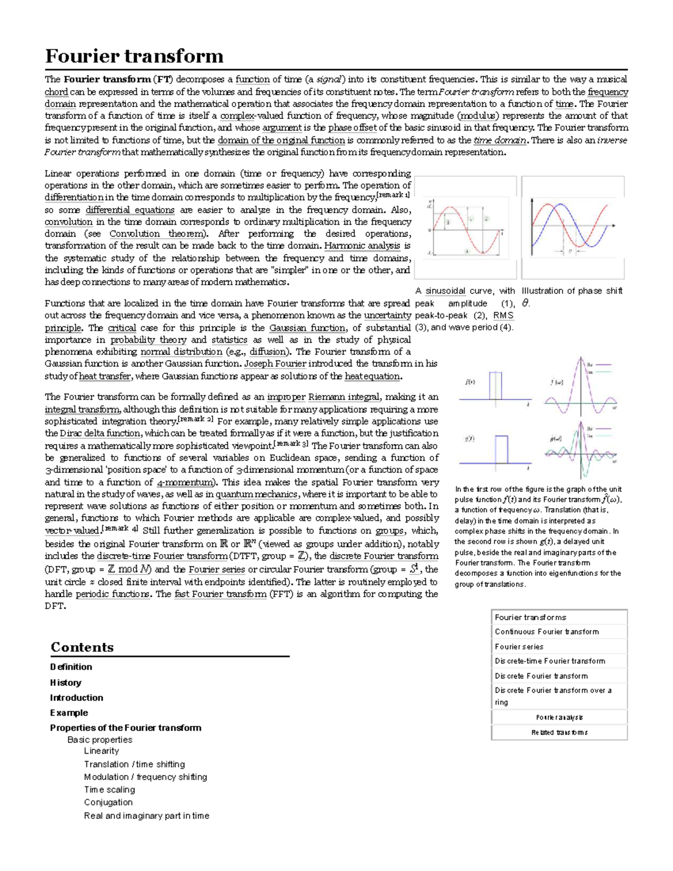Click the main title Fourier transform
[x=134, y=56]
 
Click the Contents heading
[x=82, y=647]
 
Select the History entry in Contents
[x=66, y=683]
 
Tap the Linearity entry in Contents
[x=102, y=751]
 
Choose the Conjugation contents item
[x=108, y=803]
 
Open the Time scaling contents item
[x=109, y=790]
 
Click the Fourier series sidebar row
[x=519, y=647]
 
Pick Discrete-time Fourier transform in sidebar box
[x=550, y=661]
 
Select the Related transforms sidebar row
[x=559, y=732]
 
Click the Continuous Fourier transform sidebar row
[x=547, y=632]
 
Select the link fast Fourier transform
[x=220, y=595]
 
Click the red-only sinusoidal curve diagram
[x=465, y=227]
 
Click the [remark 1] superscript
[x=393, y=195]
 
